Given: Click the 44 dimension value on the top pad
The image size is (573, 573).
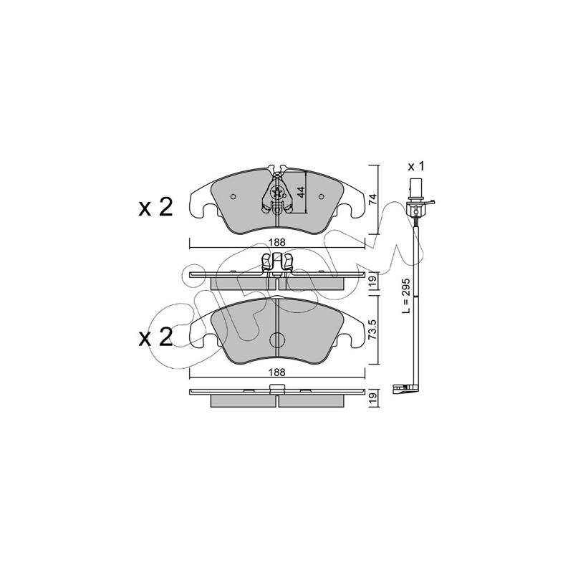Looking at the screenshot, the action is [x=301, y=192].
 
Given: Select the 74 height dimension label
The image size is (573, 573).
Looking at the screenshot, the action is [x=372, y=199].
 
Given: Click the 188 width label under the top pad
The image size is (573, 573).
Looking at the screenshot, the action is [x=278, y=242].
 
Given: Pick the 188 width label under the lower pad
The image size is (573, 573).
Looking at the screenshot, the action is [x=278, y=372].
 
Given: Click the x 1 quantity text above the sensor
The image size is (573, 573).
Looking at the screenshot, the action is [x=416, y=167].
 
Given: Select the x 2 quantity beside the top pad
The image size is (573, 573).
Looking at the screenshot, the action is [x=155, y=208].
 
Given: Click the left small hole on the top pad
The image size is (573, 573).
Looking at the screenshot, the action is [x=233, y=196].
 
